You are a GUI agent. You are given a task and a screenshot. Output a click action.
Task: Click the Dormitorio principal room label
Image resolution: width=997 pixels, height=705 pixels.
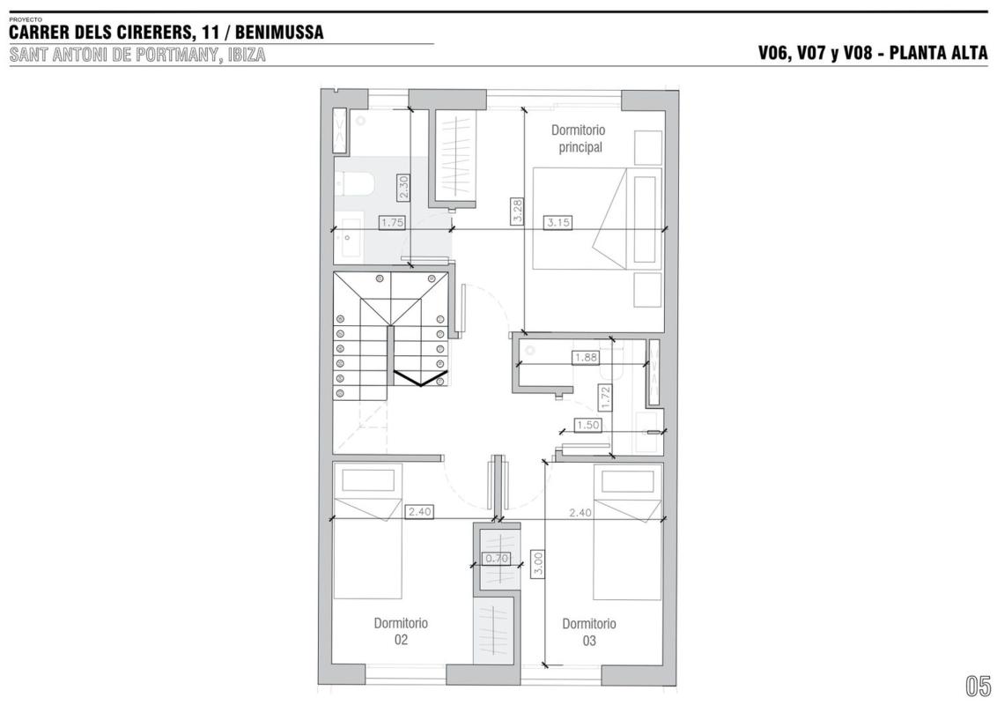tap(578, 138)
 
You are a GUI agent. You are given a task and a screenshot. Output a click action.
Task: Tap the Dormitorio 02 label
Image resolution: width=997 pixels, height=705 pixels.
tap(401, 631)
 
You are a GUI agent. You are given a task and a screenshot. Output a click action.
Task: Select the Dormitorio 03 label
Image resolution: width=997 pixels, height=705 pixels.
tap(589, 632)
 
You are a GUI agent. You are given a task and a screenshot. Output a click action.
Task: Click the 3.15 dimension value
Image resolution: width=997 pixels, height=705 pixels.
tap(558, 223)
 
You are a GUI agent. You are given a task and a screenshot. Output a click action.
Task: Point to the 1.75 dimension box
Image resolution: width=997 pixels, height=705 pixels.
tap(392, 223)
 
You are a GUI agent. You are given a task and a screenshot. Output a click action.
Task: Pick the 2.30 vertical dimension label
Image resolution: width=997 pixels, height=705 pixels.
tap(403, 187)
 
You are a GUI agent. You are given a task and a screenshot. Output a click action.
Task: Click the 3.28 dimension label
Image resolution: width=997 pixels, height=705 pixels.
tap(517, 211)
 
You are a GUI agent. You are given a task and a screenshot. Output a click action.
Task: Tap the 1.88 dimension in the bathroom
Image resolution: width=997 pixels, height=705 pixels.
tap(586, 358)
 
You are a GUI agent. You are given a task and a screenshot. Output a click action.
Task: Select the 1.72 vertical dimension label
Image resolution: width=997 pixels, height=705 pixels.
tap(605, 397)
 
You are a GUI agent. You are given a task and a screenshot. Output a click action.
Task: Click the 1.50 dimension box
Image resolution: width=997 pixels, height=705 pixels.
tap(588, 425)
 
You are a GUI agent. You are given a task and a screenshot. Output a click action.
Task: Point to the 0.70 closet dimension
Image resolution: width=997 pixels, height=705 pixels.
tap(497, 559)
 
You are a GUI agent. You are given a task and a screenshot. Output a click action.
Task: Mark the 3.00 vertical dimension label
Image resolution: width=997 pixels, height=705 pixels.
tap(537, 564)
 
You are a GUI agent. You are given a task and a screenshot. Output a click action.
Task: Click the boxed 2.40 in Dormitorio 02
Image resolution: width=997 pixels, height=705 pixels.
tap(419, 511)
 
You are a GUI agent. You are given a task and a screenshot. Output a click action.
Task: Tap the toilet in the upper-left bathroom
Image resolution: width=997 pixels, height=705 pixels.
tap(355, 185)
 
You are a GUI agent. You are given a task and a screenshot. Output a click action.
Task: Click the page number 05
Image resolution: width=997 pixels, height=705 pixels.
tap(978, 686)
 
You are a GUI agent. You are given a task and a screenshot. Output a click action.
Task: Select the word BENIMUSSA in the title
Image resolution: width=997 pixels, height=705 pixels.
tap(279, 32)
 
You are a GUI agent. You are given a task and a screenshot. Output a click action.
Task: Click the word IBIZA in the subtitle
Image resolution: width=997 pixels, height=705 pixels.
tap(246, 55)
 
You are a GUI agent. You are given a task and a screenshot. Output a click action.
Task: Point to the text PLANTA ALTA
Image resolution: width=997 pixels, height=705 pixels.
tap(939, 53)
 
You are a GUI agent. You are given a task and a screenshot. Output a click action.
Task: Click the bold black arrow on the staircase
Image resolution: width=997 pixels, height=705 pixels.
tap(420, 379)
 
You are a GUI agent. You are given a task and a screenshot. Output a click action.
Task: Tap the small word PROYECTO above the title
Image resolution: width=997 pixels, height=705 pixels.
tap(26, 19)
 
